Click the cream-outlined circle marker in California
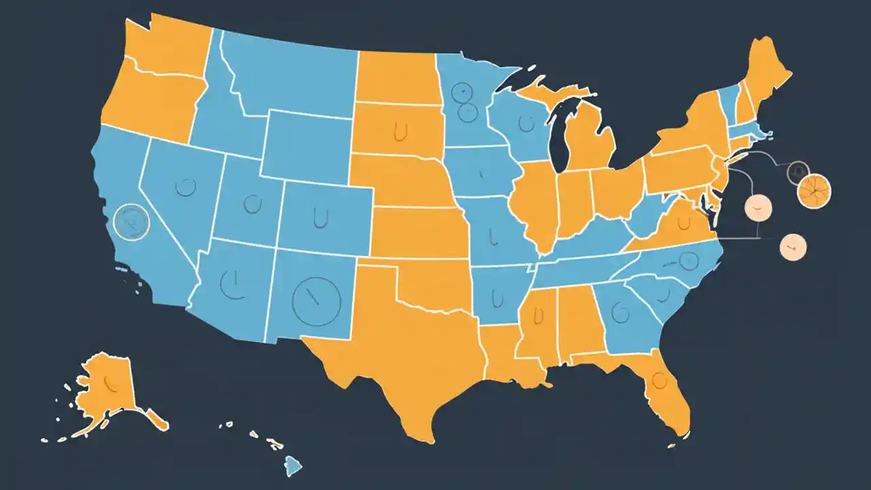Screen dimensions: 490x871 (131, 222)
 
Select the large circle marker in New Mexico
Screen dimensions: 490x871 (316, 300)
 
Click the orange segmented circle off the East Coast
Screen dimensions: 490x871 (814, 191)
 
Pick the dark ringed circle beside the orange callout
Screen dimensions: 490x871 (797, 173)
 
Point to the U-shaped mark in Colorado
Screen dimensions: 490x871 (318, 216)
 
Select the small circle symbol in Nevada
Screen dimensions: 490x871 (185, 186)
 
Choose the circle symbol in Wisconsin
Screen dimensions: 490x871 (525, 123)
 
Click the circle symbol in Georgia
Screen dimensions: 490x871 (620, 313)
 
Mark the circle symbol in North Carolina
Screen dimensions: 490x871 (689, 259)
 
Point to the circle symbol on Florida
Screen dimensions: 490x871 (659, 380)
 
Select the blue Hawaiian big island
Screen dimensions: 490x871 (293, 466)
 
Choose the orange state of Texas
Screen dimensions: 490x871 (395, 354)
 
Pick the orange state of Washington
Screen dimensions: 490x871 (163, 48)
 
